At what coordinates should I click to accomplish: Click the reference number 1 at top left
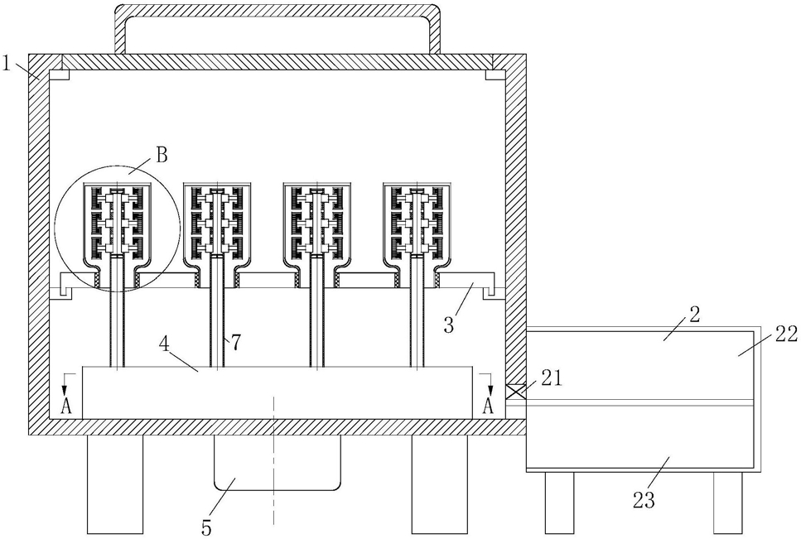(x=7, y=64)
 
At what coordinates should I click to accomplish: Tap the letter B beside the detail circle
(x=161, y=155)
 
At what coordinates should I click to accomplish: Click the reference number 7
(x=235, y=343)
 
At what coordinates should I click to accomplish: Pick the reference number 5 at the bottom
(x=206, y=528)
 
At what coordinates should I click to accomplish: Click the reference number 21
(x=551, y=378)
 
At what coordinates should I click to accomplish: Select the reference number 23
(x=644, y=501)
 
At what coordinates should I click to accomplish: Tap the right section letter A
(x=489, y=407)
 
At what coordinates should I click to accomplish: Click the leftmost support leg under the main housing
(x=115, y=484)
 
